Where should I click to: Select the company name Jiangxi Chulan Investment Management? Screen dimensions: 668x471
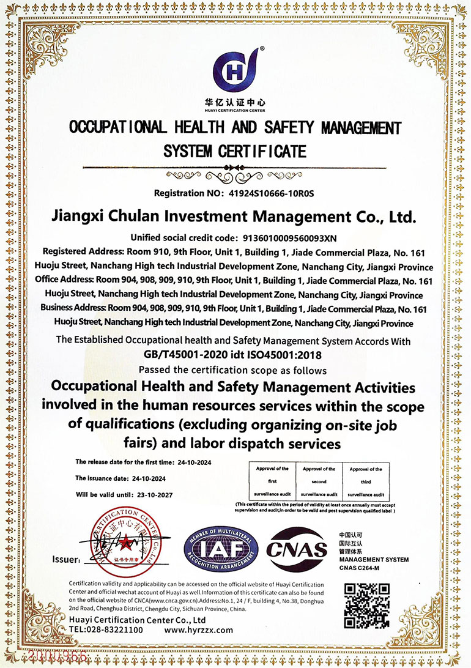[x=236, y=216]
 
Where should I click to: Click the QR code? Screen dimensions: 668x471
[x=367, y=606]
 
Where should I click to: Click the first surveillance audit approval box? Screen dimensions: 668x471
[x=272, y=480]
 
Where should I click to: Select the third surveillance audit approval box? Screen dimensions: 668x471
[x=366, y=480]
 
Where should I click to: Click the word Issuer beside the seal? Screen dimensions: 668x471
[x=65, y=559]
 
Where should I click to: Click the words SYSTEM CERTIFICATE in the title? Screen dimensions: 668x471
[x=235, y=150]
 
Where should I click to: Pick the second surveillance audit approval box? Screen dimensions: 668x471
[x=319, y=480]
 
